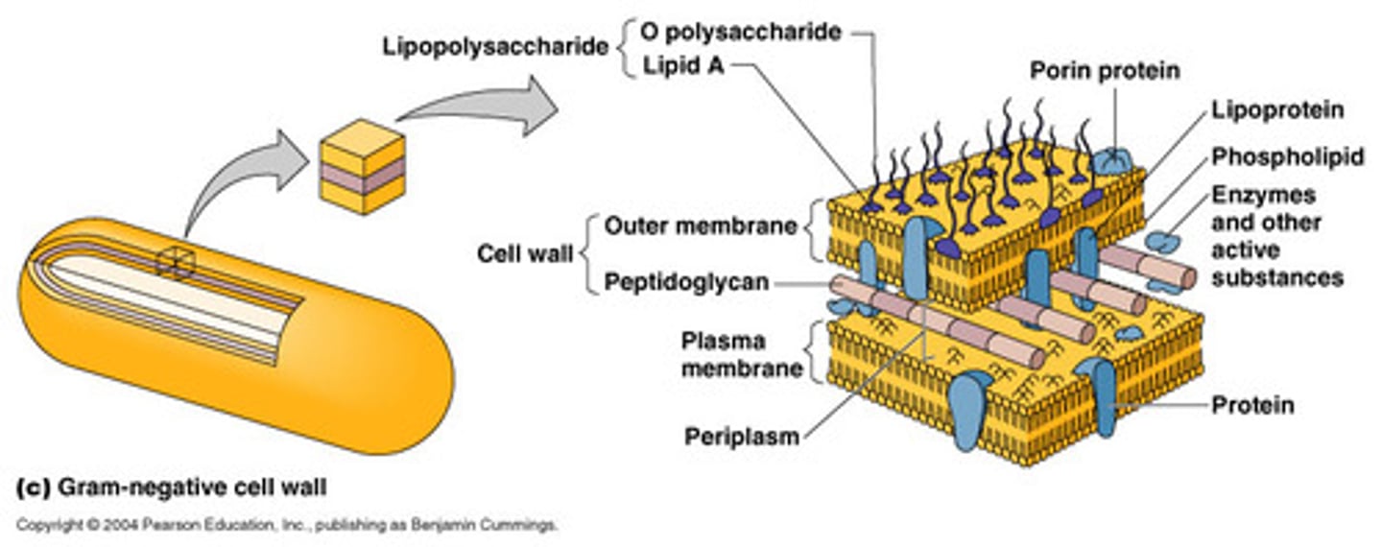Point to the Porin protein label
1104,71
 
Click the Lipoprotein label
1276,111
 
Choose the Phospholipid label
1286,157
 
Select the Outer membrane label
701,226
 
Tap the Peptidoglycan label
686,283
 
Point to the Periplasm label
741,437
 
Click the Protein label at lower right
1251,406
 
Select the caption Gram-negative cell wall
192,488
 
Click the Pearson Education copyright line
287,526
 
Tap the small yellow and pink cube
362,168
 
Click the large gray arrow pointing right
480,107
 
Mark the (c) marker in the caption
33,488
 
